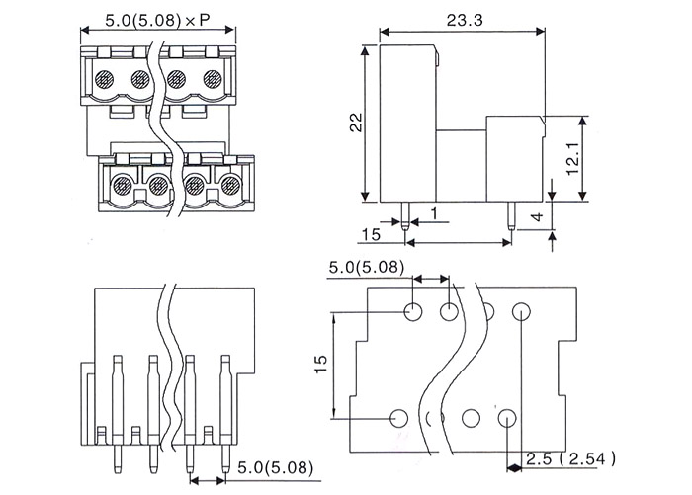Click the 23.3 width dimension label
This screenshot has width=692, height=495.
pos(465,20)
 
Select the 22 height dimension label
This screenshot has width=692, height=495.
pos(356,123)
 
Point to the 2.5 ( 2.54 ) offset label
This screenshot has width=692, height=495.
pos(570,459)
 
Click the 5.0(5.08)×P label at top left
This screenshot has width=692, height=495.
pos(157,21)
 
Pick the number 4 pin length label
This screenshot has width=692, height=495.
pos(537,217)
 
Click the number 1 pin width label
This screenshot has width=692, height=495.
pos(434,214)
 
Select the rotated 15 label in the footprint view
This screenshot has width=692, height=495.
pos(321,364)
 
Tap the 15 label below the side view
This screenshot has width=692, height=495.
pos(371,235)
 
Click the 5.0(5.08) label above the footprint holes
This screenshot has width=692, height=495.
pos(367,268)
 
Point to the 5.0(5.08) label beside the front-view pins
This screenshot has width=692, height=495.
pos(276,467)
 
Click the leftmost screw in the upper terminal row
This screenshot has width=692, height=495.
pos(104,79)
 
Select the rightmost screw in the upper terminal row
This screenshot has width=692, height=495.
pos(213,79)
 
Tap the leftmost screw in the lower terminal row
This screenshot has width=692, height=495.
pos(122,185)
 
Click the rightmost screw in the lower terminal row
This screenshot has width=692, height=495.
pos(230,185)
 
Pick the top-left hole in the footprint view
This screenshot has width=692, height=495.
pos(413,312)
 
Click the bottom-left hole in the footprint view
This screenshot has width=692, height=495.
pos(399,418)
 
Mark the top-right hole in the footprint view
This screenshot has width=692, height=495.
pos(521,311)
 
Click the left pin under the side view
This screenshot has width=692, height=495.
pos(405,216)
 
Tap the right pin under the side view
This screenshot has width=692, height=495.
pos(511,216)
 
